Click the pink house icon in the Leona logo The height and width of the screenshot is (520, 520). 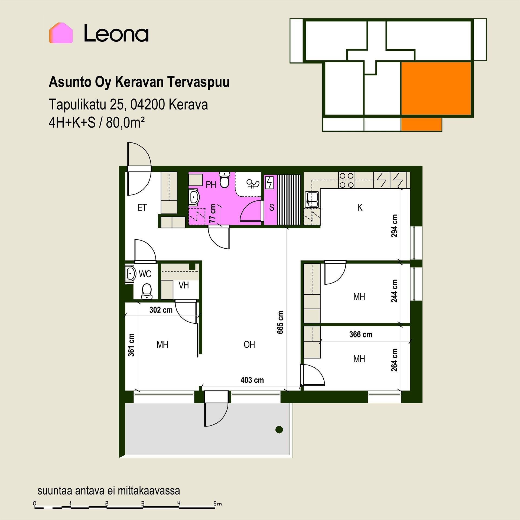tap(61, 33)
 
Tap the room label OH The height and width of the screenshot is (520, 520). tap(249, 344)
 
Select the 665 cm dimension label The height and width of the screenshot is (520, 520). tap(280, 322)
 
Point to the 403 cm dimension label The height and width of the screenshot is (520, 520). tap(252, 380)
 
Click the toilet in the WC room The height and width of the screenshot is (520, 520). tap(147, 291)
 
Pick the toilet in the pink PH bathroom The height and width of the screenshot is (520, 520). tap(224, 179)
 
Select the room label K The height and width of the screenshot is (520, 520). tap(360, 207)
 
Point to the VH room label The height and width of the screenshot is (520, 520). tap(184, 285)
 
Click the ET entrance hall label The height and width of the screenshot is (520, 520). tap(142, 207)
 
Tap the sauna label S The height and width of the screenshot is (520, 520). tap(272, 207)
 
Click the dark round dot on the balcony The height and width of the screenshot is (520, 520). tap(279, 429)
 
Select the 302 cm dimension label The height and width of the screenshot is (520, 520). tap(161, 310)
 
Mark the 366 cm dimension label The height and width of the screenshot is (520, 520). tap(361, 334)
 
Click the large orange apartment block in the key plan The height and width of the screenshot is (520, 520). tap(436, 88)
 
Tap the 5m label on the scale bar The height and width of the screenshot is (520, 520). tap(217, 504)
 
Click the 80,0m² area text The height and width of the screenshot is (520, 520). tap(125, 123)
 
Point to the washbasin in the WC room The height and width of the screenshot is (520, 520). tap(130, 274)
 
